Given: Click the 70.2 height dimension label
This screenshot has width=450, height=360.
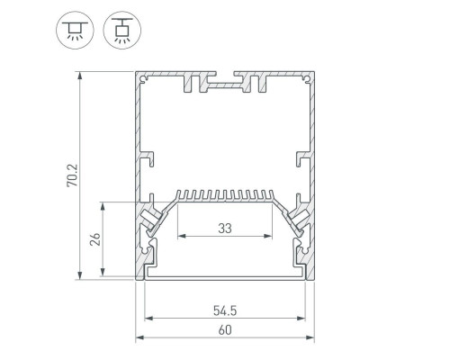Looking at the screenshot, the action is coord(72,175).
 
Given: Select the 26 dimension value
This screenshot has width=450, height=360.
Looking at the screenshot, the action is coord(95,239).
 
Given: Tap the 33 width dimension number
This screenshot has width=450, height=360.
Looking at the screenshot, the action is coord(225,229).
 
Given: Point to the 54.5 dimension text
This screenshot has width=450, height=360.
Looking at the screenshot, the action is coord(225,310).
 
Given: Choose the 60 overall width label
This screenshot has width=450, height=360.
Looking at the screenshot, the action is coord(225,330).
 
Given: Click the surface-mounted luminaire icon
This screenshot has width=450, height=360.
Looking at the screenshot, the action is coord(75,31).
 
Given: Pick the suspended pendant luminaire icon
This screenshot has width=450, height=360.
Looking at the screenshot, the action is coord(122,31).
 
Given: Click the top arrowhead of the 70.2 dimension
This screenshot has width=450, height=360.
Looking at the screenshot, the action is coord(79,76).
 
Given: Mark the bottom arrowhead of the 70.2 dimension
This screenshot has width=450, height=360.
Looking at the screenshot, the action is coord(79,275).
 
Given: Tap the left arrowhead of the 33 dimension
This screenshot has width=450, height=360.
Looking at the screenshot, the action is coord(182,236).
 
